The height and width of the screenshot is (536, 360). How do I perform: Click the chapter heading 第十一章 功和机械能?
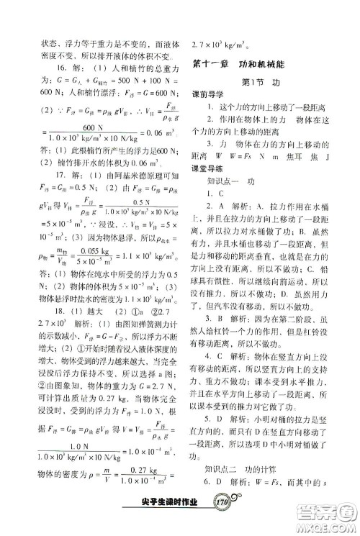click(x=243, y=65)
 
